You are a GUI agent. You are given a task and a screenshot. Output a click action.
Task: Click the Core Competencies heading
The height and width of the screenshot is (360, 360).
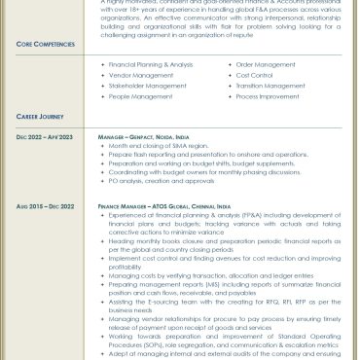click(x=44, y=45)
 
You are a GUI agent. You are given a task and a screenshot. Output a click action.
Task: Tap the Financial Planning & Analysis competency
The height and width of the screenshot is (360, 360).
click(x=151, y=65)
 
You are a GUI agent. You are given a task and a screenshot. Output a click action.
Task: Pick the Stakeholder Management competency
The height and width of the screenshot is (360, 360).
click(x=148, y=86)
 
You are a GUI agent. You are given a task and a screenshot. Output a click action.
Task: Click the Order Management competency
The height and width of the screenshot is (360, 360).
click(x=265, y=65)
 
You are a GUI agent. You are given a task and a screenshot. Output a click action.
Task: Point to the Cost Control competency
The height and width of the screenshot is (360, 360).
click(x=254, y=75)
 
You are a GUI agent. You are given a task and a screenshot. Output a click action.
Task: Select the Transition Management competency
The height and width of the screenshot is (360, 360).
click(x=270, y=86)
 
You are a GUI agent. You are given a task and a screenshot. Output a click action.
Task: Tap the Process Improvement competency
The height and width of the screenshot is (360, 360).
click(x=268, y=96)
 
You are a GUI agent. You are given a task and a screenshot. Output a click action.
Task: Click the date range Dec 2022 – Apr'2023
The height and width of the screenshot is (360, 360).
click(x=45, y=138)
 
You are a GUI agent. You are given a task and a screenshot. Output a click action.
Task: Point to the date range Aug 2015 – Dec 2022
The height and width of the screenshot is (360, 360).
click(x=45, y=206)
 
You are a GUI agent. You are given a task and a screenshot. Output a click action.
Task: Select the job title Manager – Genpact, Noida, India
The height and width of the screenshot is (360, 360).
click(x=155, y=138)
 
